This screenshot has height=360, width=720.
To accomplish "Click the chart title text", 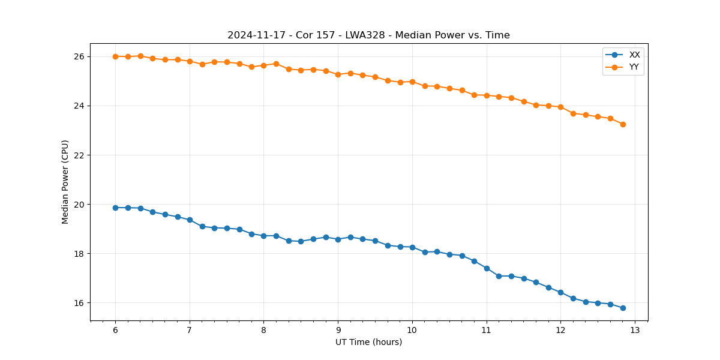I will tap(368, 35).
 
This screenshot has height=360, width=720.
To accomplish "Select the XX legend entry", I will tap(634, 55).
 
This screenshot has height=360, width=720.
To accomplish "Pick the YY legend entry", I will tap(634, 67).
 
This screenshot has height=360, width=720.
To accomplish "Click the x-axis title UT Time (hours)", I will tap(368, 343).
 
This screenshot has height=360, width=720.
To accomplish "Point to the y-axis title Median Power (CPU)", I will tap(65, 182).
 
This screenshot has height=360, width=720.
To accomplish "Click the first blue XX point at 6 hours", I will tap(115, 208).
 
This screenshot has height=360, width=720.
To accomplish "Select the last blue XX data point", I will tap(623, 308).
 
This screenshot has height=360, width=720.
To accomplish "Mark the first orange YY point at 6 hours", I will tap(115, 56).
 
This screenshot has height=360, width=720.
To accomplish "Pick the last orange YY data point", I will tap(623, 124).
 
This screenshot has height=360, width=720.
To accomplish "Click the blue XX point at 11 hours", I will tap(487, 268).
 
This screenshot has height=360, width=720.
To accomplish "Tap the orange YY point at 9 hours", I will tap(338, 74).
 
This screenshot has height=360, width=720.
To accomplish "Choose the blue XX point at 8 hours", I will tap(263, 236).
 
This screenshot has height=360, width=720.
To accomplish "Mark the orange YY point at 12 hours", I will tap(560, 107).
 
